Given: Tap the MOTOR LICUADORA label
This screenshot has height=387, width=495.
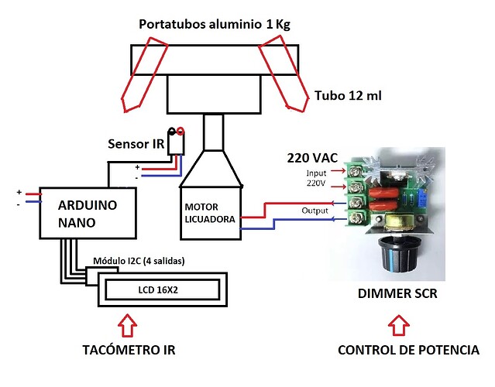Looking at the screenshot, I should click(210, 214).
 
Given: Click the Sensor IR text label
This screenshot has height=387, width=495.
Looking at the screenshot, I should click(136, 145).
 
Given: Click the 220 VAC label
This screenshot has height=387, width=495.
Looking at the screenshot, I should click(311, 158).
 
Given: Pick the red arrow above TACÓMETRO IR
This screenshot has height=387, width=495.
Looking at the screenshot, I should click(129, 323).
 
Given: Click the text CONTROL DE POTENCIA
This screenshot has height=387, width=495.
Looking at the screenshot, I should click(408, 351).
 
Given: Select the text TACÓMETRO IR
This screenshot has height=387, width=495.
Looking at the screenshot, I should click(129, 351).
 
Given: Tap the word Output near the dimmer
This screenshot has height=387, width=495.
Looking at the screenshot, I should click(315, 211).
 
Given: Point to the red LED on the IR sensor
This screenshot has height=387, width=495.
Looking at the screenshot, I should click(180, 131).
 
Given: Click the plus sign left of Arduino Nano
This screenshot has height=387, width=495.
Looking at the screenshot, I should click(19, 190).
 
